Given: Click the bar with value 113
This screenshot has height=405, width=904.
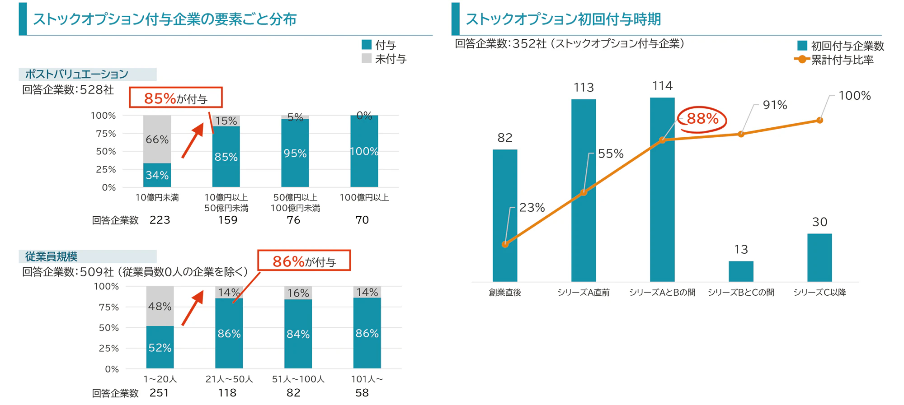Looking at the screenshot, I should click(583, 190).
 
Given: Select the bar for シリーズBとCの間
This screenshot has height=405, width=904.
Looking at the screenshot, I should click(740, 271).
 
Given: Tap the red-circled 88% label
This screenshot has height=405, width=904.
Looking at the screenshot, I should click(702, 119).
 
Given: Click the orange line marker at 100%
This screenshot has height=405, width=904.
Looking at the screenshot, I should click(819, 120).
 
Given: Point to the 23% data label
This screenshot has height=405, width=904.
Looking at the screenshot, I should click(532, 207).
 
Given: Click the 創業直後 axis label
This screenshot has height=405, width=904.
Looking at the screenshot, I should click(505, 293).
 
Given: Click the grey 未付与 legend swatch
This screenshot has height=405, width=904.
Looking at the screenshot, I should click(366, 59).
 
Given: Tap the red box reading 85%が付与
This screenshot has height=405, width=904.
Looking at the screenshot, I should click(176, 98).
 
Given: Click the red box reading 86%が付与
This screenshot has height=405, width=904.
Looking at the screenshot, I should click(304, 261).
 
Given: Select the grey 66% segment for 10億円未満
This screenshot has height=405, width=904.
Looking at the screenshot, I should click(157, 139).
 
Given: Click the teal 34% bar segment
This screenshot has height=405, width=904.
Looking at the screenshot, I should click(157, 175).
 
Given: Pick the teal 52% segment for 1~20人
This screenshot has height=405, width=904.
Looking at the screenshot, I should click(160, 347).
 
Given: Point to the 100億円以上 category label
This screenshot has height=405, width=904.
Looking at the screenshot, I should click(364, 197).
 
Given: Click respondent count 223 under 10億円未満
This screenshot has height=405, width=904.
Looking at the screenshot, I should click(160, 220).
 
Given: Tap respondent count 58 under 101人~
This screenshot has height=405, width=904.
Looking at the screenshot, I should click(362, 393).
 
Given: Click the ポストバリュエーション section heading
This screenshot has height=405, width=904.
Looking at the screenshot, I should click(77, 74).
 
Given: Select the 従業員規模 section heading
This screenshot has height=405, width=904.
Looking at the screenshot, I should click(51, 256).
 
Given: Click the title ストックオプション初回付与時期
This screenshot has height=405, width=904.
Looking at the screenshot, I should click(563, 19).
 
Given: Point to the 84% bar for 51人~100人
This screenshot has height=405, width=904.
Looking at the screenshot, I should click(297, 334).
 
